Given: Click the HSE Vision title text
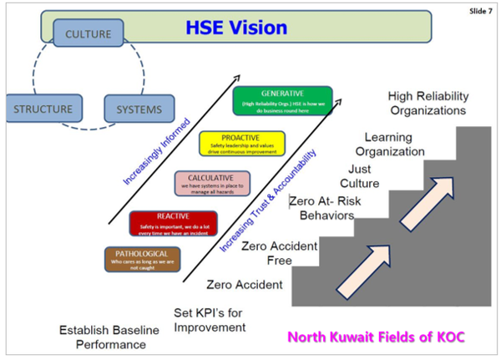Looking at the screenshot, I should tap(236, 28).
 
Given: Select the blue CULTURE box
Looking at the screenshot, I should tap(89, 35).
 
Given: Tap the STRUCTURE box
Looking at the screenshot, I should tap(43, 109).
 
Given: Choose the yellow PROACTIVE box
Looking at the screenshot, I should tap(242, 144).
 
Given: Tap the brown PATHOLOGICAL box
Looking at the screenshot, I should tap(140, 259).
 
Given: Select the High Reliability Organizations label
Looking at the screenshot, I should tap(433, 102).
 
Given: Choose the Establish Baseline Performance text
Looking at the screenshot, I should tap(109, 337).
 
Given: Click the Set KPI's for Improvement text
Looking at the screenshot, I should tap(210, 321).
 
